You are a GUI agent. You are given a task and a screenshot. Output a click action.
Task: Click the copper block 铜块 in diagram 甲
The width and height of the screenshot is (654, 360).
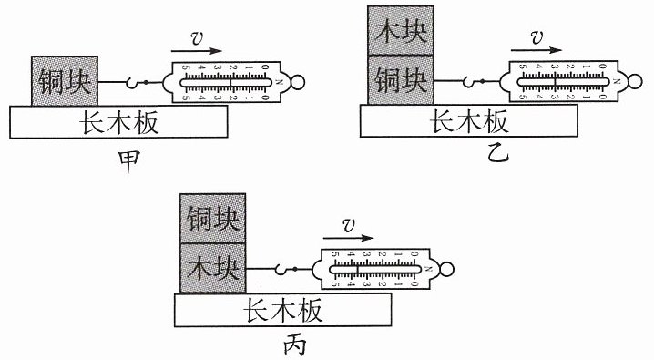[65, 80]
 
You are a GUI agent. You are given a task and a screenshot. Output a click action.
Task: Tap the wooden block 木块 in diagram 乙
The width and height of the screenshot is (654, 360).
[401, 30]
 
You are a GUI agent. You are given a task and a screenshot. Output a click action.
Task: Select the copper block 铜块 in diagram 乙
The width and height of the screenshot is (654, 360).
[401, 79]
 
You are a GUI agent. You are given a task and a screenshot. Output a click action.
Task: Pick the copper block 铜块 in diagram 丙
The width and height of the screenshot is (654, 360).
[213, 218]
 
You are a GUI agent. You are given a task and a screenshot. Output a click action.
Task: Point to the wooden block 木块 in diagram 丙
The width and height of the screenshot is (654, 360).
[213, 268]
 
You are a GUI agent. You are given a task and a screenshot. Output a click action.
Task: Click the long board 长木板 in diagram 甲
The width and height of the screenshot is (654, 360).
[118, 121]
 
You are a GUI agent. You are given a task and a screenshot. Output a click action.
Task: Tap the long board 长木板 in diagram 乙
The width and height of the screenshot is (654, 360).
[469, 120]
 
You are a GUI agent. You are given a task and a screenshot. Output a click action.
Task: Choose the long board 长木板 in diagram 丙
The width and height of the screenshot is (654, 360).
[282, 310]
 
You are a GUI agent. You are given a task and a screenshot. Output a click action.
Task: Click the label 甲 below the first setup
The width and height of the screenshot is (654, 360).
[128, 162]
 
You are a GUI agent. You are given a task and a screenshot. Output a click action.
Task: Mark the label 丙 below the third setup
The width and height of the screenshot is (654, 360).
[294, 345]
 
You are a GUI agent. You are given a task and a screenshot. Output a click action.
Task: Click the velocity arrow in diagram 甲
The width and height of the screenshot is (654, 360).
[196, 51]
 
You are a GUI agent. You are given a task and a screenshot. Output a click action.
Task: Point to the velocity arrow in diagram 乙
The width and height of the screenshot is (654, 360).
[536, 50]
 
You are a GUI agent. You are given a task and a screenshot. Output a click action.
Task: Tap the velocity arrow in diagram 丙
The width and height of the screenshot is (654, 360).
[348, 238]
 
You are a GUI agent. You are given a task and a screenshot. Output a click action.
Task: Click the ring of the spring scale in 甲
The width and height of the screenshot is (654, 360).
[297, 82]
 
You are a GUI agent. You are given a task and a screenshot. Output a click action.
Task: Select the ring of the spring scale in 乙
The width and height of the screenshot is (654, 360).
[634, 81]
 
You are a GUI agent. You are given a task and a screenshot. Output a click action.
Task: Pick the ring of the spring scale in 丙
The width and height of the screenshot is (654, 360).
[446, 269]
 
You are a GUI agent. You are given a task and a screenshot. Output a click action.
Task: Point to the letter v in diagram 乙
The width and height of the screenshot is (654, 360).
[536, 37]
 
